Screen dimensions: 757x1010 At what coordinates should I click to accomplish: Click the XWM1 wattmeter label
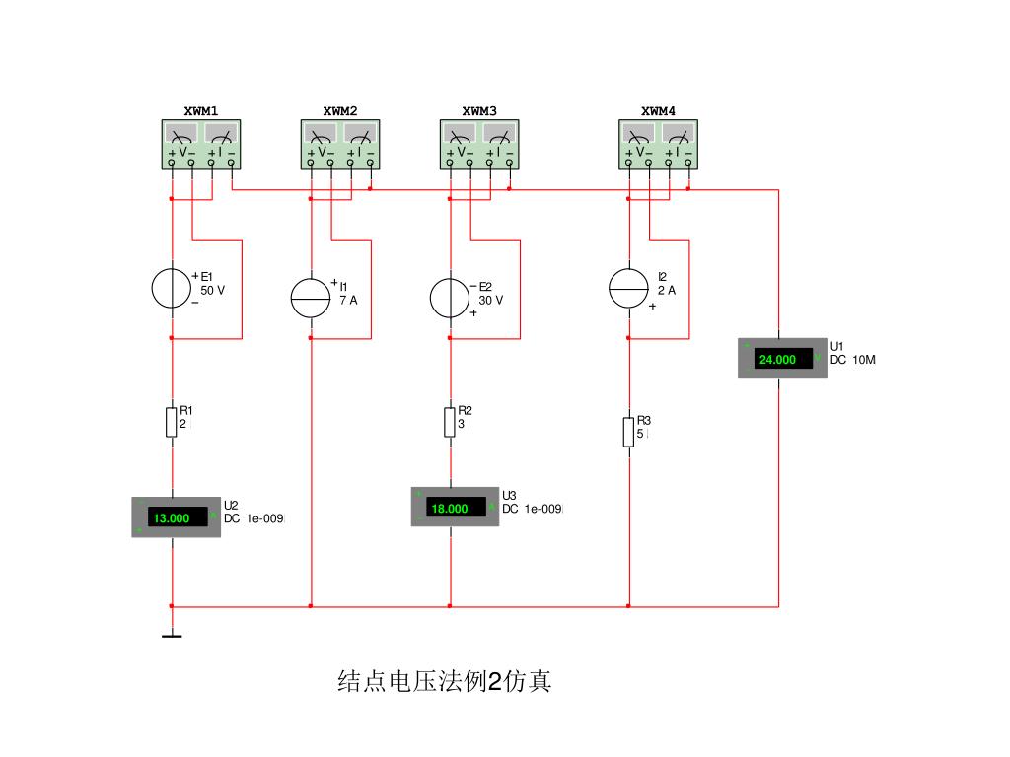(201, 111)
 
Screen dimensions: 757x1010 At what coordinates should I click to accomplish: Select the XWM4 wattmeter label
(658, 111)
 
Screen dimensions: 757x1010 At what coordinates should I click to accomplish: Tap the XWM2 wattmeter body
(340, 144)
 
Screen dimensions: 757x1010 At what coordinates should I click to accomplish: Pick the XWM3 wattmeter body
(479, 144)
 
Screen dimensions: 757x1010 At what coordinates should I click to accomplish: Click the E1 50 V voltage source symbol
(172, 288)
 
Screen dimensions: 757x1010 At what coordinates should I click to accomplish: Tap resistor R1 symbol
(172, 422)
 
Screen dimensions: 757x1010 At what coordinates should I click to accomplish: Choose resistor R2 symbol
(451, 422)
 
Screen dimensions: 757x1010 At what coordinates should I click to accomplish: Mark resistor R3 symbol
(628, 432)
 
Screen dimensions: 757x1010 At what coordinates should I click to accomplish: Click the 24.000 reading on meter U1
(777, 360)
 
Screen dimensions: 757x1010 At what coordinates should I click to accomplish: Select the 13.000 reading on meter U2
(171, 518)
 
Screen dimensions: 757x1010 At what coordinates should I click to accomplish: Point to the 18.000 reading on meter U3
(450, 509)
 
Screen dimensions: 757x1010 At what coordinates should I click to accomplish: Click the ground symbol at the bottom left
(172, 636)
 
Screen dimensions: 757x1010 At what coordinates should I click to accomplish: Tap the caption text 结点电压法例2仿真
(445, 681)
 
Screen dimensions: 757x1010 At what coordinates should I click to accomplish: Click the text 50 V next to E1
(213, 292)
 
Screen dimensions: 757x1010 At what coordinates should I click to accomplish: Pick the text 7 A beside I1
(348, 300)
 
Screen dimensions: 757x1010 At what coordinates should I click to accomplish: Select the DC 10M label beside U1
(852, 361)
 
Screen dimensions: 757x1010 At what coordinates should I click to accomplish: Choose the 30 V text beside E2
(491, 301)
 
